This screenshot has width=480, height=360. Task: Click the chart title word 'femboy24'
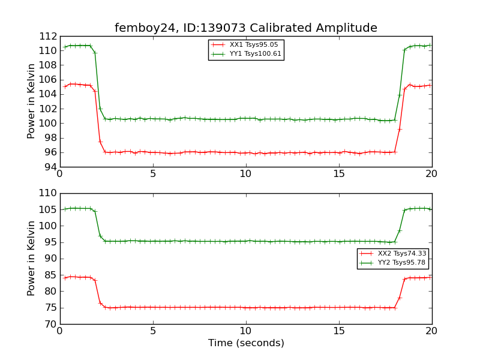[140, 28]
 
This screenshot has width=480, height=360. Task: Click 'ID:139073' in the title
[205, 28]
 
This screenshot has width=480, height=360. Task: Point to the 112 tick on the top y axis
[48, 36]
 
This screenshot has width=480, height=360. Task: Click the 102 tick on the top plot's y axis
[48, 109]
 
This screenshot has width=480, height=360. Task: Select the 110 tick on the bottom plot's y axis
[48, 194]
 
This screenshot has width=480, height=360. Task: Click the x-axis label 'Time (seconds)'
[246, 343]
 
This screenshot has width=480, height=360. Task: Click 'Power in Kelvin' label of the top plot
[32, 101]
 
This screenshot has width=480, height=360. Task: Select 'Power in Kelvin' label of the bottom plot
[32, 259]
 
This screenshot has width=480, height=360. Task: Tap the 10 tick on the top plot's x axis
[246, 174]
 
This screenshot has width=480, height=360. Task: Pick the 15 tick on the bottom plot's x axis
[339, 331]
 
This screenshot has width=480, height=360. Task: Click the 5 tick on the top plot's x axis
[153, 174]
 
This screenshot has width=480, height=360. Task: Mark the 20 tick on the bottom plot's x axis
[432, 331]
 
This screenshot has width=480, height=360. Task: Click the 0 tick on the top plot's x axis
[60, 174]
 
